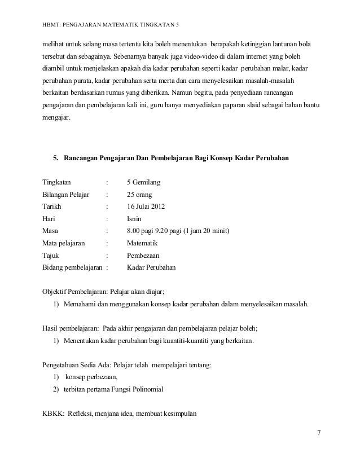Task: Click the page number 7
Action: click(319, 433)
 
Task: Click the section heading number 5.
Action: click(55, 157)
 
